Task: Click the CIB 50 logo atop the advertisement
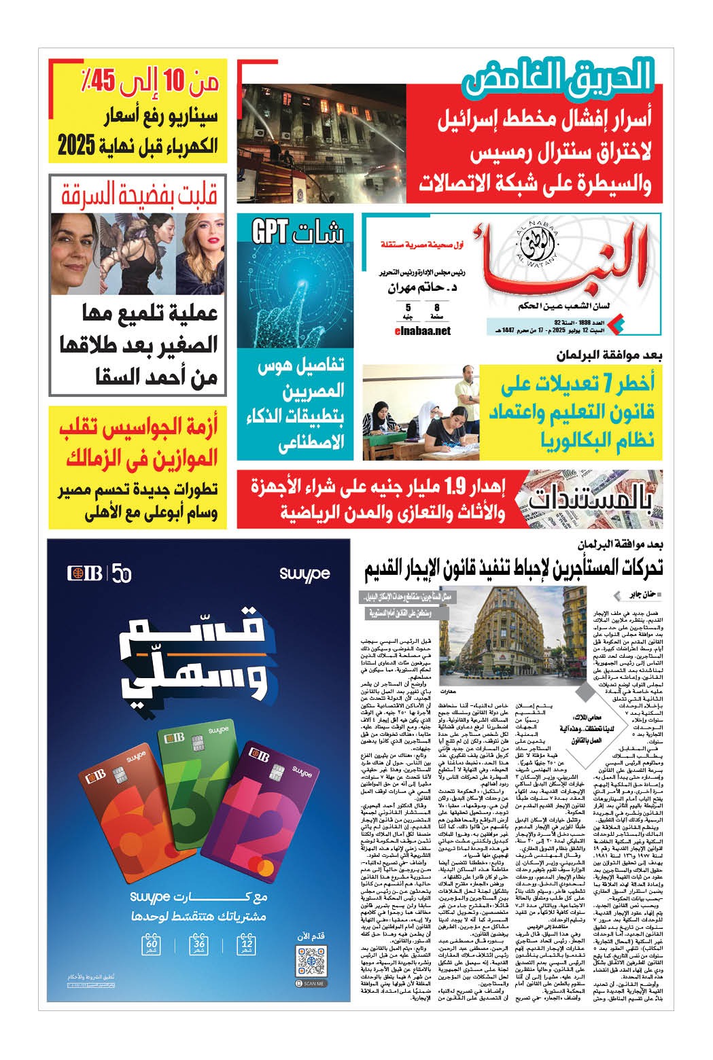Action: pyautogui.click(x=99, y=573)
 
